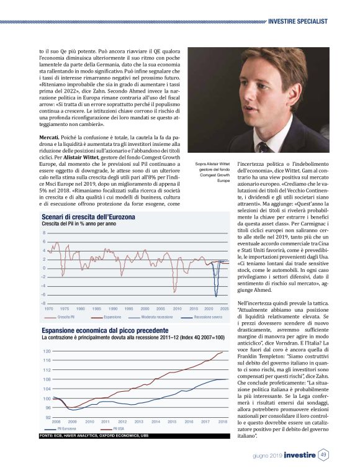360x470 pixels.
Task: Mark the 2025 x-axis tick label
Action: pyautogui.click(x=224, y=308)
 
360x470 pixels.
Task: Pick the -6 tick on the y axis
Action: pyautogui.click(x=43, y=294)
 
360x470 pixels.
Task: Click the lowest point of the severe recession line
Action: pyautogui.click(x=217, y=297)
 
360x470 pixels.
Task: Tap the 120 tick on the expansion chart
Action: pyautogui.click(x=47, y=351)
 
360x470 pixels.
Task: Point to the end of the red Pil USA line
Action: pyautogui.click(x=223, y=351)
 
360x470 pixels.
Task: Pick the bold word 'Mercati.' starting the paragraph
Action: pyautogui.click(x=52, y=135)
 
